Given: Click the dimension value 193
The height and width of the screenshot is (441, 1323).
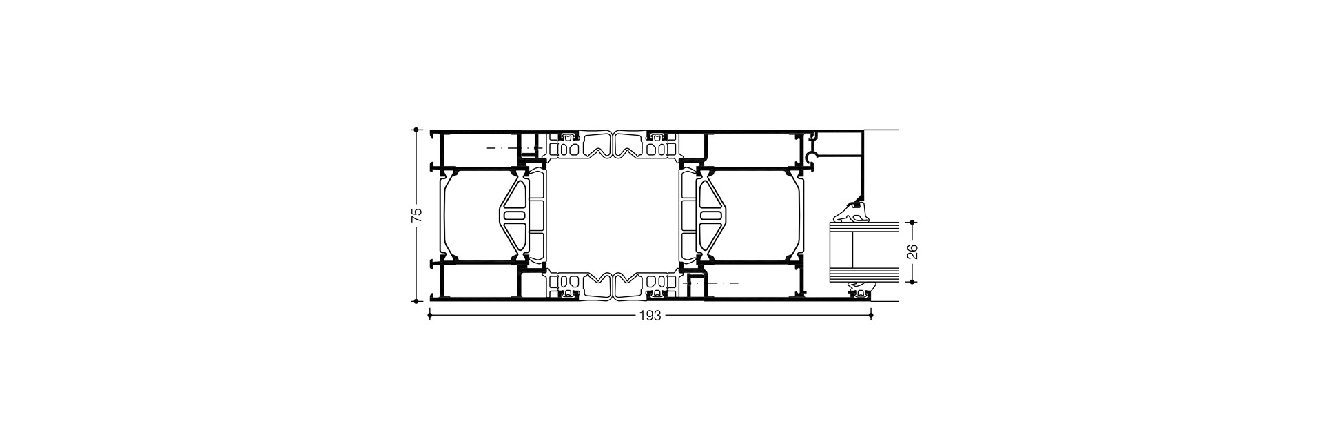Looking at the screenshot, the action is tap(650, 316).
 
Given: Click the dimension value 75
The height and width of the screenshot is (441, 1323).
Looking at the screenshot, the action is tap(416, 215).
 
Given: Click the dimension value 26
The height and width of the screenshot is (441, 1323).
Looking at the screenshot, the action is tap(912, 252).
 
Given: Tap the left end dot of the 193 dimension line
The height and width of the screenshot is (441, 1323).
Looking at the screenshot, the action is tap(430, 316).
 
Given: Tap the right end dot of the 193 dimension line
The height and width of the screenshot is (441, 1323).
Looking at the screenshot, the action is tap(872, 316).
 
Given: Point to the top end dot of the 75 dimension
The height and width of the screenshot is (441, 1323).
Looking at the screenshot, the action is tap(416, 129).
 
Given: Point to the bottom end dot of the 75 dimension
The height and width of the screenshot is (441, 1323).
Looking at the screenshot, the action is tap(416, 301).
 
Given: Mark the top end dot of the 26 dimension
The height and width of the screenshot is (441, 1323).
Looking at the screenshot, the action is tap(912, 223).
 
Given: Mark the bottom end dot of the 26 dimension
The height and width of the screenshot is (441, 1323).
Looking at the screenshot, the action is tap(912, 281).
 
